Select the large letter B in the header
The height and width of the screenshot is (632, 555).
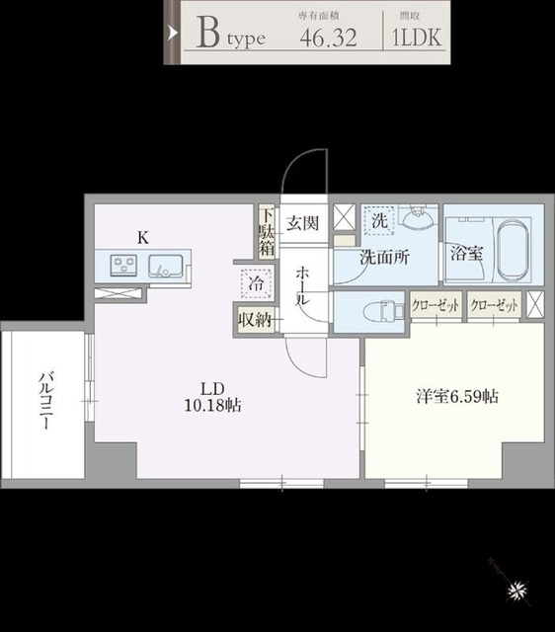click(207, 34)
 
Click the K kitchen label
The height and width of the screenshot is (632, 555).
click(142, 237)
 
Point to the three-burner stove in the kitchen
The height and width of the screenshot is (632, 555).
click(125, 265)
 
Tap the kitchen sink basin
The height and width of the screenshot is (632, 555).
click(163, 265)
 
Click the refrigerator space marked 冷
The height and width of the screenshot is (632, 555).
click(256, 283)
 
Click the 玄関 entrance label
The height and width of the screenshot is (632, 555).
click(301, 222)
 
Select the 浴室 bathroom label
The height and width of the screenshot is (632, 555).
click(466, 253)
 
